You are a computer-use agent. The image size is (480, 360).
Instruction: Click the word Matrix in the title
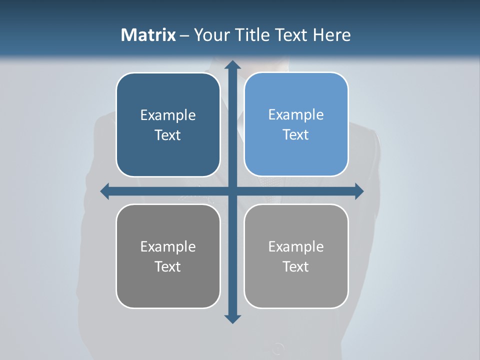tap(148, 35)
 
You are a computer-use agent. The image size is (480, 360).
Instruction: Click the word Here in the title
tap(331, 35)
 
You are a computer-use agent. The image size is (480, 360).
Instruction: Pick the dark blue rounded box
tap(168, 124)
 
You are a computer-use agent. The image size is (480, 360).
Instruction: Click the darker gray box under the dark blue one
tap(168, 256)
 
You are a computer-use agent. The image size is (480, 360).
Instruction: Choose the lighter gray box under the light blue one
tap(296, 256)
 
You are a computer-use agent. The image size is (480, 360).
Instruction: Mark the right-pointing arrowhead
tap(359, 191)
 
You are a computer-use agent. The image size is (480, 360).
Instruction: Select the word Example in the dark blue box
tap(168, 115)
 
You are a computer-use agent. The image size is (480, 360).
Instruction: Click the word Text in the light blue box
tap(296, 135)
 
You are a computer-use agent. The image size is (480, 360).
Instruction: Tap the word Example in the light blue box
tap(296, 115)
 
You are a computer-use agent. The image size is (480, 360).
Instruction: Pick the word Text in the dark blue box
tap(168, 135)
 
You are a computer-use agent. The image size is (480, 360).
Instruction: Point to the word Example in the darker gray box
tap(168, 246)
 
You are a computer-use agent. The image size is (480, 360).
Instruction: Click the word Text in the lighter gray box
tap(296, 266)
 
